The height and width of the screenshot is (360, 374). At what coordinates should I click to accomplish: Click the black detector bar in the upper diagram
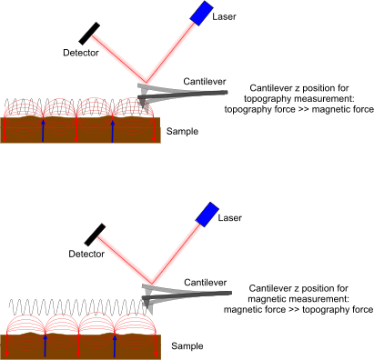pos(90,32)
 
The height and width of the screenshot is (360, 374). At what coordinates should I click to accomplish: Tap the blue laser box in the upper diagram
pos(200,12)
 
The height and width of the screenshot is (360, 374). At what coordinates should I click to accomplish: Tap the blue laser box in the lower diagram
pos(207,215)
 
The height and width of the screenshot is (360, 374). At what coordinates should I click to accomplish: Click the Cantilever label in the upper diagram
pos(204,81)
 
